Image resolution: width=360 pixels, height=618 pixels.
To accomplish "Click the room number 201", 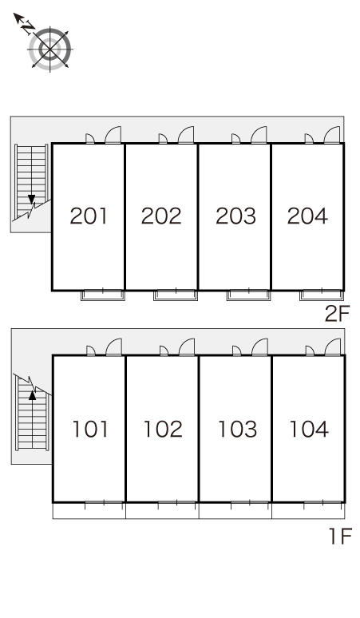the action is tap(89, 216).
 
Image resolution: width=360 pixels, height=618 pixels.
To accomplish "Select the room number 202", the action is tap(161, 216).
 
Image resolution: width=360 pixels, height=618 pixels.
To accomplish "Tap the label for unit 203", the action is tap(235, 216).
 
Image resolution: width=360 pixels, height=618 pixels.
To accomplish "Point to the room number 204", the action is tap(307, 216).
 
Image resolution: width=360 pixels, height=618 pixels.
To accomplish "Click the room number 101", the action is tap(90, 430).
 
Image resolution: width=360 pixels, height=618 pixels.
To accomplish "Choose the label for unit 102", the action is tap(163, 430).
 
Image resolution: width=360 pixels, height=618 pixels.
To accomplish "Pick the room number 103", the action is tap(238, 430).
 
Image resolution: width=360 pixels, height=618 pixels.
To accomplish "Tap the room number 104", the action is tap(309, 430).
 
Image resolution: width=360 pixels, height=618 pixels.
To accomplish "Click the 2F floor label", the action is tap(337, 314).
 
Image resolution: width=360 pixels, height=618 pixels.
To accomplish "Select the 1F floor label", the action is tap(340, 537).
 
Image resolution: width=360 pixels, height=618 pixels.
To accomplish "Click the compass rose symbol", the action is tap(50, 50).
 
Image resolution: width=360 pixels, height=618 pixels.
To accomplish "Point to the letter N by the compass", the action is tap(28, 28).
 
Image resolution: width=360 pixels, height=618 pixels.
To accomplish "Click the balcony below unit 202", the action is tap(176, 295).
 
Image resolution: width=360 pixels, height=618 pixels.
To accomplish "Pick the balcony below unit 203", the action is tap(248, 295).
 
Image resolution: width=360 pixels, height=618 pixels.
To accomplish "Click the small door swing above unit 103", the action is tap(237, 351).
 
